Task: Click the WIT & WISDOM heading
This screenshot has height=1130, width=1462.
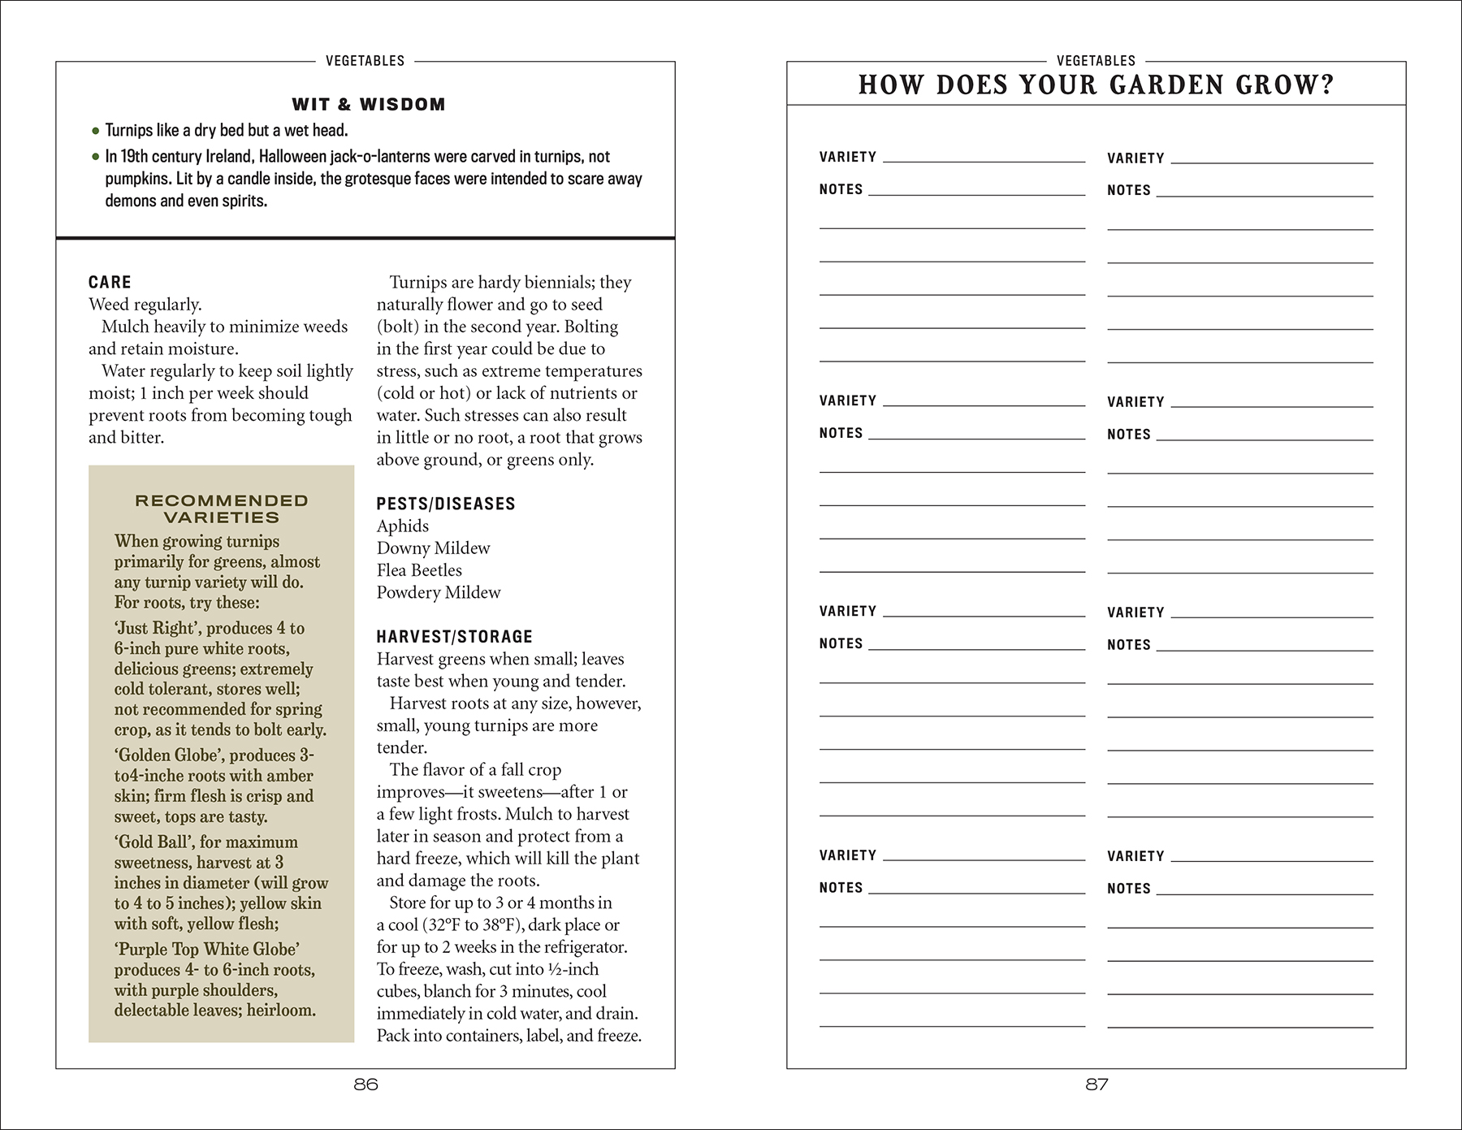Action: point(368,104)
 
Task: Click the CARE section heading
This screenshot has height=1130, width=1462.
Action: point(110,282)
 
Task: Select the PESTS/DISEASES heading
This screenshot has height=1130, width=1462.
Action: point(446,504)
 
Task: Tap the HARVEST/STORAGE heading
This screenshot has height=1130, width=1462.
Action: point(455,637)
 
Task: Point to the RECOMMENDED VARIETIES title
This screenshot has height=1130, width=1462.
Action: point(221,509)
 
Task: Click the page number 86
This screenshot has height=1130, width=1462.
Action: point(366,1085)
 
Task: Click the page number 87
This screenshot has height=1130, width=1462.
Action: point(1096,1085)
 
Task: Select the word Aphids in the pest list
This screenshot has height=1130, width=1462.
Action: point(403,526)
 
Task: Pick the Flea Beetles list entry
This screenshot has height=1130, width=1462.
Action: point(419,570)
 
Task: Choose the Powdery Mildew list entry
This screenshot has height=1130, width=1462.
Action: point(439,592)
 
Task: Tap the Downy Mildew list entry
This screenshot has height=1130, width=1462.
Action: point(433,548)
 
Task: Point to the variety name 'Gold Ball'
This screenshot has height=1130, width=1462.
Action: point(151,842)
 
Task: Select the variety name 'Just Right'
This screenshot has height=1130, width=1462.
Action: point(156,629)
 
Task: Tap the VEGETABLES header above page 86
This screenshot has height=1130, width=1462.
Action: point(365,61)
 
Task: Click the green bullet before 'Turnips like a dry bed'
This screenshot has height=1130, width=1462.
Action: point(96,131)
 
